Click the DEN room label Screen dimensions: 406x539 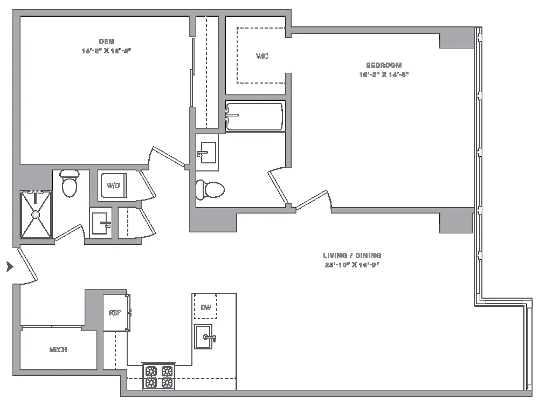click(106, 42)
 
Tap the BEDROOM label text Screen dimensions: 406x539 click(384, 65)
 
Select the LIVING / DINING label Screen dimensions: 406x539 click(352, 256)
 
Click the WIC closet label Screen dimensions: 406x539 click(262, 56)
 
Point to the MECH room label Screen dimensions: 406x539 click(58, 350)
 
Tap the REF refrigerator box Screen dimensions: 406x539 click(115, 313)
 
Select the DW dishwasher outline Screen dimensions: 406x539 click(205, 307)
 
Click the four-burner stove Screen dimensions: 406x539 click(160, 377)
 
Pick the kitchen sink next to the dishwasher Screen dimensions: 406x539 click(205, 338)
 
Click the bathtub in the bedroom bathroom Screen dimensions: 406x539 click(254, 116)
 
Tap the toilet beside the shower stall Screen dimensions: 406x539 click(69, 184)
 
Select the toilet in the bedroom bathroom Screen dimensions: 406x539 click(210, 189)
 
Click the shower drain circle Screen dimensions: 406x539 click(36, 215)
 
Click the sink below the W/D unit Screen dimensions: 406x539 click(101, 223)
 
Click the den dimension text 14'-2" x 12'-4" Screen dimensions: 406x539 click(106, 50)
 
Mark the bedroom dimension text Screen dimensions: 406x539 click(384, 74)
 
